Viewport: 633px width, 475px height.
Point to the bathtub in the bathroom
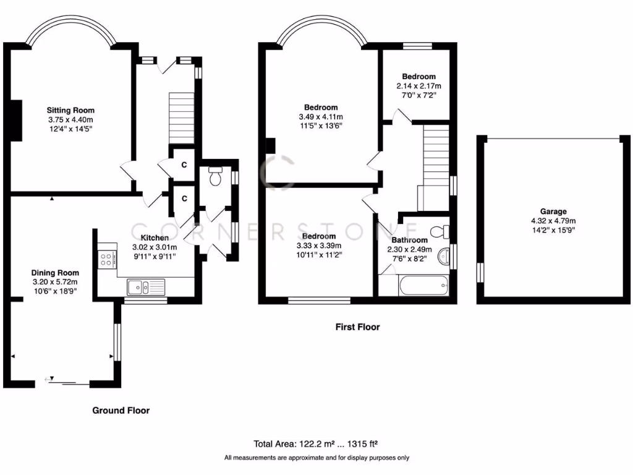point(413,286)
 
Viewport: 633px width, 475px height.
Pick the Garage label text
point(552,212)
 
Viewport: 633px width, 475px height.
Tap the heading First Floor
point(358,327)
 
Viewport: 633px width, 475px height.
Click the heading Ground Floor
point(121,410)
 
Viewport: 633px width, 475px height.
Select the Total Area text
point(316,443)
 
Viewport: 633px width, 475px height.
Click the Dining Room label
point(55,273)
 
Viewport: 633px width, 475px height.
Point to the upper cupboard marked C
point(184,164)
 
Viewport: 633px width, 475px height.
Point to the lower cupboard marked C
point(184,199)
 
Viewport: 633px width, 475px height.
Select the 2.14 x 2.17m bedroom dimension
point(418,86)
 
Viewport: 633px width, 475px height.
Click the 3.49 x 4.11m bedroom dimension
point(320,117)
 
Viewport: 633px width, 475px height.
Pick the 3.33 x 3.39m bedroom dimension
point(319,246)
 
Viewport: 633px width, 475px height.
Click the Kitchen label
point(155,238)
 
